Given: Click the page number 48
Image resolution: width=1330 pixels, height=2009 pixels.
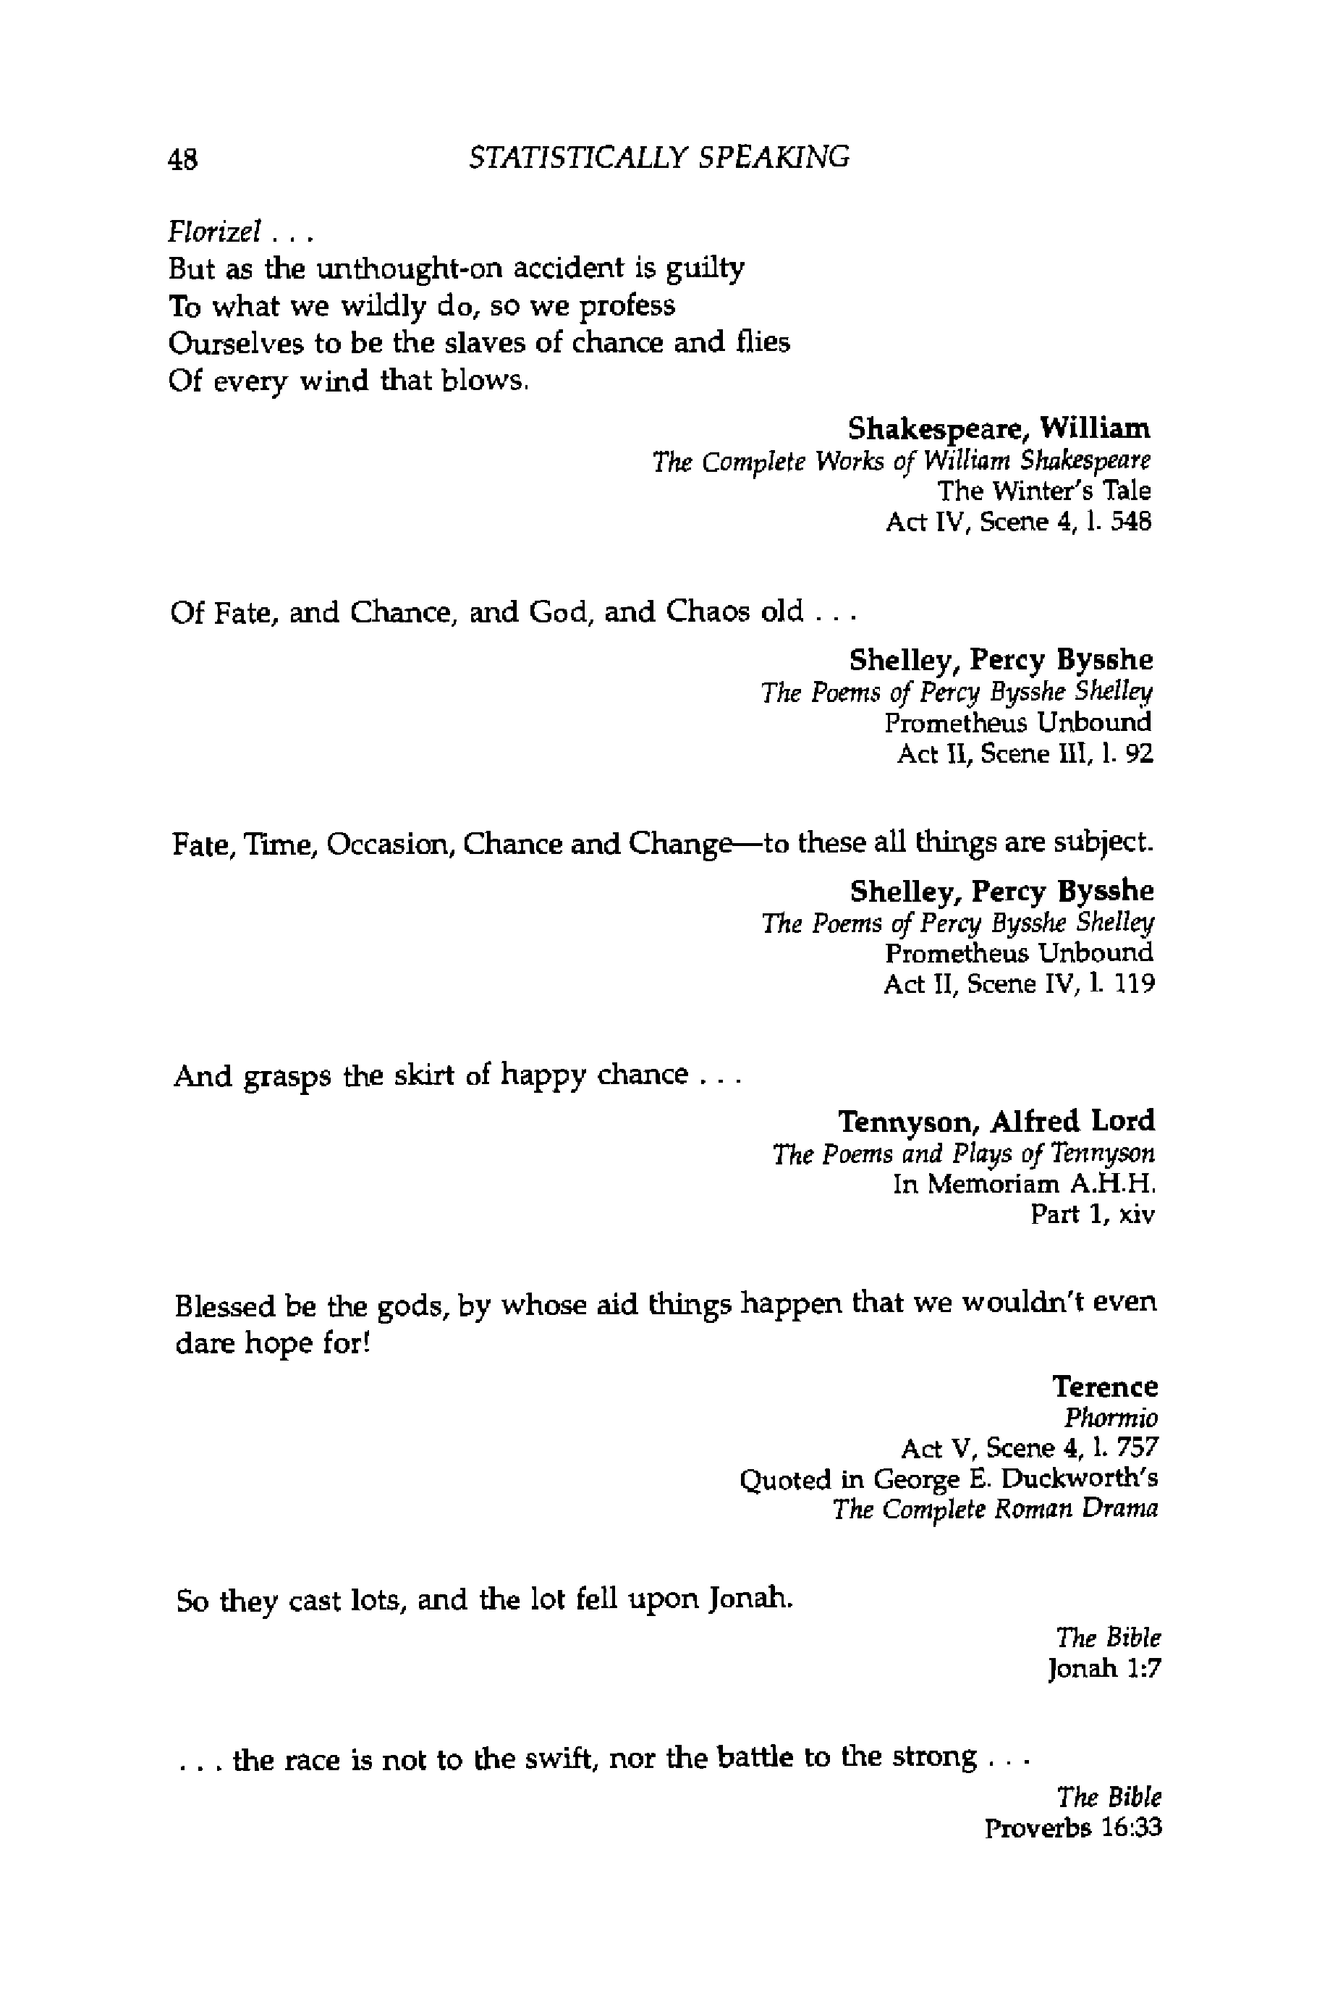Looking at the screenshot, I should click(183, 158).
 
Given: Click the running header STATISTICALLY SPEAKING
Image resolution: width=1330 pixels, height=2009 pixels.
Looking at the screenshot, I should click(659, 157).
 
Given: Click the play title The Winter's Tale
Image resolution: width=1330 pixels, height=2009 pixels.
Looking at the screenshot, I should click(1043, 491).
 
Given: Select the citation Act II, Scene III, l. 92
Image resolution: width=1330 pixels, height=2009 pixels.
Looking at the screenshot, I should click(1025, 753).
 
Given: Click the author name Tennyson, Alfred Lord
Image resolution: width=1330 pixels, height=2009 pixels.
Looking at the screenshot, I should click(996, 1122).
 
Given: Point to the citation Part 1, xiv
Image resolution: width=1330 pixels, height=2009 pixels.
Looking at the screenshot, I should click(1093, 1215).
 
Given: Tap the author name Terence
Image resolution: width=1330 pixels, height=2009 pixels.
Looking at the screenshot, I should click(1104, 1387).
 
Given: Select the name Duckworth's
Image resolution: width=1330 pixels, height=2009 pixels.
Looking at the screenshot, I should click(1079, 1479).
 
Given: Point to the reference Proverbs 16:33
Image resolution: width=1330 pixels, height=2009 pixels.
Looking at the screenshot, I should click(1072, 1828).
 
